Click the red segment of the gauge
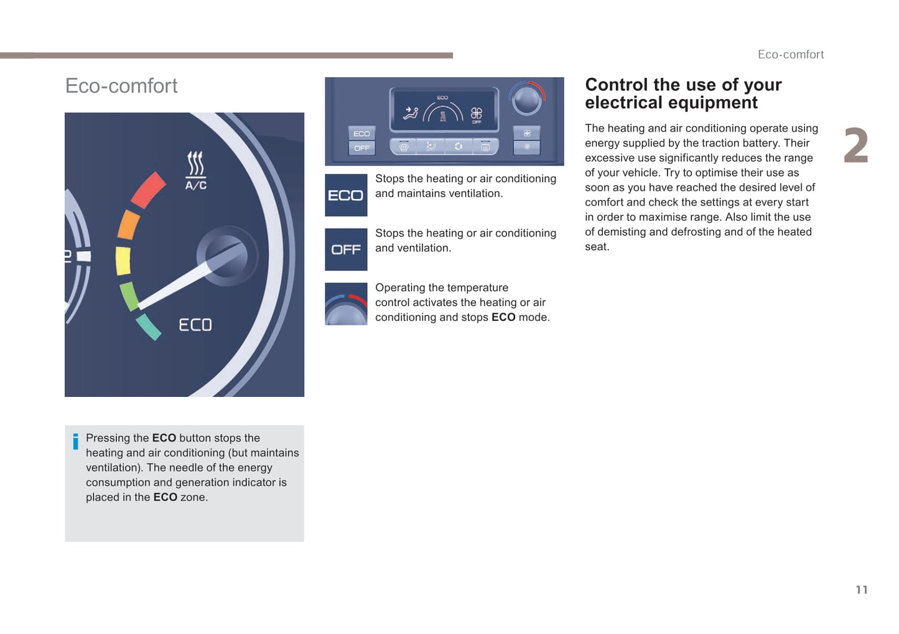pos(147,190)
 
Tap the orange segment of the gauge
pos(128,225)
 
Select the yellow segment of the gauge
pos(123,261)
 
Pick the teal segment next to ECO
pos(148,327)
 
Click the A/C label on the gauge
pos(196,185)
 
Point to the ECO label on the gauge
pos(195,325)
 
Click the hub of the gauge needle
pos(226,256)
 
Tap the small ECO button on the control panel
pos(361,134)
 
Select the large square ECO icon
pos(346,195)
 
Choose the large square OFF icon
pos(346,249)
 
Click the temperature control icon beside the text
pos(346,304)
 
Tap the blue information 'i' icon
pos(75,441)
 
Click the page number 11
pos(862,590)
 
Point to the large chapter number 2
pos(855,145)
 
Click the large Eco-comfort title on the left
pos(121,86)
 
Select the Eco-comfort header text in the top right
pos(791,55)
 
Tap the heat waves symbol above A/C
pos(195,164)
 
